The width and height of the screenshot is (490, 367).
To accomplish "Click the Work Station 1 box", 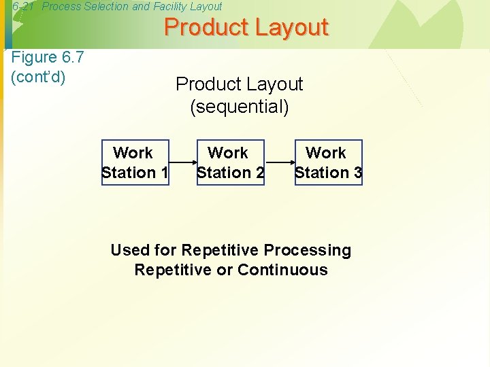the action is tap(135, 162).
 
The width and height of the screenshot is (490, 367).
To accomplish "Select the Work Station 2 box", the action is tap(230, 162).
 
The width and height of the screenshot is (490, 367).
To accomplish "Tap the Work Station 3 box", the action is tap(329, 162).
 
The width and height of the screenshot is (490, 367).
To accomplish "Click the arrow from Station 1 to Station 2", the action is tap(182, 163).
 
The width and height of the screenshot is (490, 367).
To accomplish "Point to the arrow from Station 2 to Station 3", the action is tap(280, 163).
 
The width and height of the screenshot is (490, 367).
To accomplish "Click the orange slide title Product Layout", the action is tap(246, 28).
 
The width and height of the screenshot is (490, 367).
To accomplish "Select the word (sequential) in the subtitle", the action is tap(240, 107).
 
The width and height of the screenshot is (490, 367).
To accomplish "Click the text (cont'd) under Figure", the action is tap(39, 76).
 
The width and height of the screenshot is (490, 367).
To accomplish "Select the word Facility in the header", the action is tap(171, 6).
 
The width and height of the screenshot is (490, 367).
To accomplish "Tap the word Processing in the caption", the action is tap(307, 250).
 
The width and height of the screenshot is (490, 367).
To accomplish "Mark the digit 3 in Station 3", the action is tap(357, 173).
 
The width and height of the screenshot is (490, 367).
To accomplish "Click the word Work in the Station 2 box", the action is tap(228, 153).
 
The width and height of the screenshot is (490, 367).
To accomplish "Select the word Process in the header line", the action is tap(60, 6).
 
